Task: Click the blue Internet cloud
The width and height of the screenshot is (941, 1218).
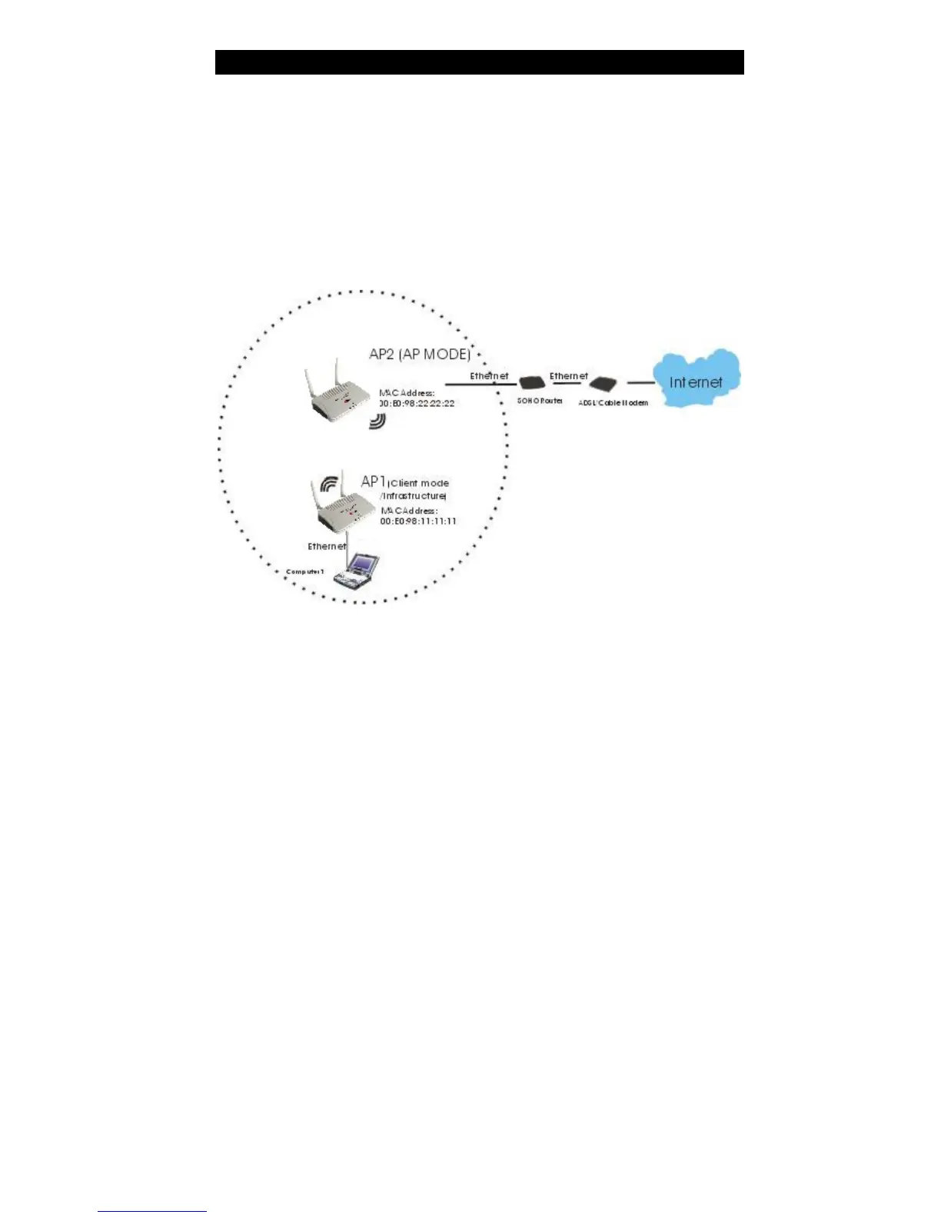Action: pos(696,378)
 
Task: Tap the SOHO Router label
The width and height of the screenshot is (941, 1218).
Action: pos(540,401)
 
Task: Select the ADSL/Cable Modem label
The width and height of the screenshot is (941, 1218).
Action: pos(613,402)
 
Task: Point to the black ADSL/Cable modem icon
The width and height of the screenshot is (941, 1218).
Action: pos(604,383)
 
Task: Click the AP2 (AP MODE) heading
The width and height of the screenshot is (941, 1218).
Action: pos(420,354)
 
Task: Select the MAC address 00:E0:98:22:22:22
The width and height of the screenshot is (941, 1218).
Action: pos(417,403)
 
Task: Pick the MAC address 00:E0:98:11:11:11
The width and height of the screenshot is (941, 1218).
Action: pos(417,521)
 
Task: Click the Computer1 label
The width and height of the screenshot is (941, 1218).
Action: pos(305,571)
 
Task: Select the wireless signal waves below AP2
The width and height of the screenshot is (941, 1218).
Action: pos(377,421)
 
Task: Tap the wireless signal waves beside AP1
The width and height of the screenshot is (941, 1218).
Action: pos(329,484)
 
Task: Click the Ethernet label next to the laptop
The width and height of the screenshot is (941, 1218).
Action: pos(327,546)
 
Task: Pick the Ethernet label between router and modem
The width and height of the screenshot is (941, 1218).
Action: pos(568,376)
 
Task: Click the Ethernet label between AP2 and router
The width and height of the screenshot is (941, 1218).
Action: pos(489,376)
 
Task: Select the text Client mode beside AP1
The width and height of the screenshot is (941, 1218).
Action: pos(420,483)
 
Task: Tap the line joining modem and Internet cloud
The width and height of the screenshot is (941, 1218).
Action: pos(640,382)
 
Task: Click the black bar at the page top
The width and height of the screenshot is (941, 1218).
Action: pos(479,62)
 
